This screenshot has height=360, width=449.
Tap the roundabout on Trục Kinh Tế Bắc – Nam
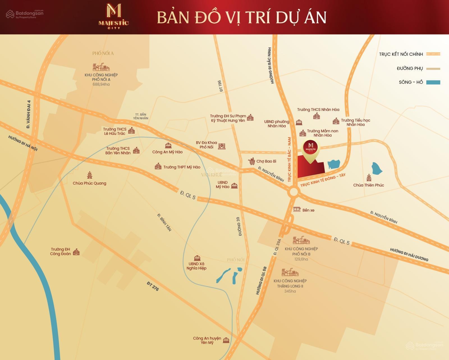pyautogui.click(x=294, y=192)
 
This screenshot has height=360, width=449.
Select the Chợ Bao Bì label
pyautogui.click(x=266, y=161)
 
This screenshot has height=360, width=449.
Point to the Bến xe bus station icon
pyautogui.click(x=297, y=209)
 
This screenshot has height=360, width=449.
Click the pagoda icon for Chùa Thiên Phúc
pyautogui.click(x=369, y=177)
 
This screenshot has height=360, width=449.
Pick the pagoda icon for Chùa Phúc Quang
pyautogui.click(x=90, y=175)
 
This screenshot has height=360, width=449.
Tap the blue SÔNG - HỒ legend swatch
pyautogui.click(x=433, y=82)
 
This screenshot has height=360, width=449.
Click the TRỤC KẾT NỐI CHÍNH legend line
pyautogui.click(x=433, y=54)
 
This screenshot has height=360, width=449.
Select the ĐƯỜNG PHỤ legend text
pyautogui.click(x=410, y=68)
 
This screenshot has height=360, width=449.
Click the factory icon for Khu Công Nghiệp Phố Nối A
pyautogui.click(x=101, y=67)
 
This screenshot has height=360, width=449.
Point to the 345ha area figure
pyautogui.click(x=290, y=291)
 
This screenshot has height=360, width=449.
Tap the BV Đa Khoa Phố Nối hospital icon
pyautogui.click(x=222, y=146)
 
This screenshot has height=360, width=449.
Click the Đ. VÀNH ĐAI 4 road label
pyautogui.click(x=28, y=115)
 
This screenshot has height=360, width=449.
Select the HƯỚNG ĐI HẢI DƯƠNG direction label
pyautogui.click(x=409, y=254)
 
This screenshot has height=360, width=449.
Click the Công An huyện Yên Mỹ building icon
pyautogui.click(x=226, y=341)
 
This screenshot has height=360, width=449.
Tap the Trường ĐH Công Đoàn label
pyautogui.click(x=60, y=252)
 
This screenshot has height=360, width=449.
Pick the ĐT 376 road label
pyautogui.click(x=153, y=286)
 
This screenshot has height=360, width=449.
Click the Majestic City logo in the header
pyautogui.click(x=114, y=16)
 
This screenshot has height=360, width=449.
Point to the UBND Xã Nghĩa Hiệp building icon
pyautogui.click(x=197, y=258)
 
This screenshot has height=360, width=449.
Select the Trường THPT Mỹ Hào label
pyautogui.click(x=182, y=167)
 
